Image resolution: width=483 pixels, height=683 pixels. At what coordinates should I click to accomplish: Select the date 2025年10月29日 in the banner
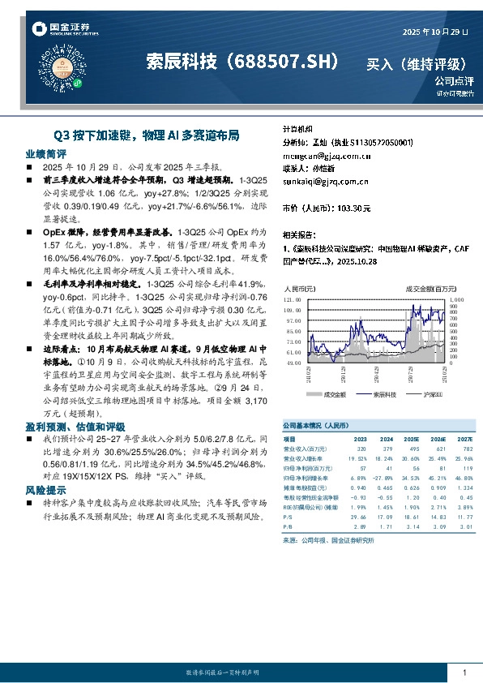435,31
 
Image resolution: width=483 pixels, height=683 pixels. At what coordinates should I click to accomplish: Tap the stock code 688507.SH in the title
289,62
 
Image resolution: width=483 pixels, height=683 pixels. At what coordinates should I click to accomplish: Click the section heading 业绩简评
45,153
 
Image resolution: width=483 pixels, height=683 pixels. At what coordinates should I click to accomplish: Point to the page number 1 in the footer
464,672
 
